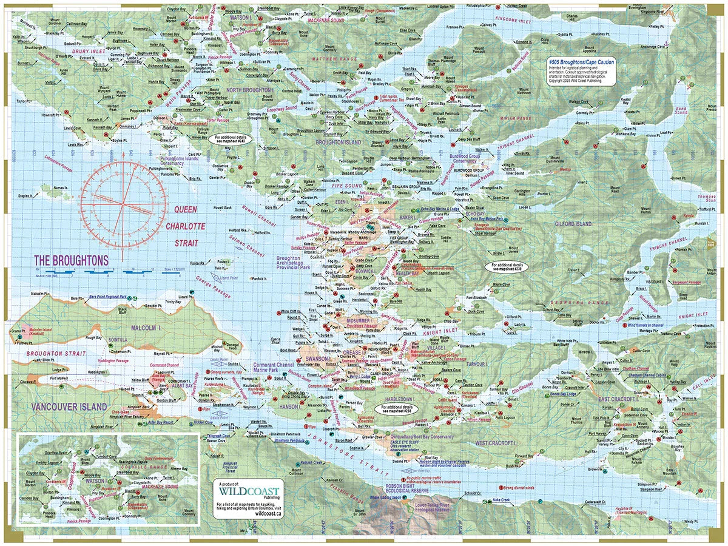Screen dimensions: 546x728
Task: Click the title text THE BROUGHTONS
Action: click(x=71, y=260)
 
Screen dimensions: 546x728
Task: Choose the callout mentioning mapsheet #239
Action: click(x=507, y=266)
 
